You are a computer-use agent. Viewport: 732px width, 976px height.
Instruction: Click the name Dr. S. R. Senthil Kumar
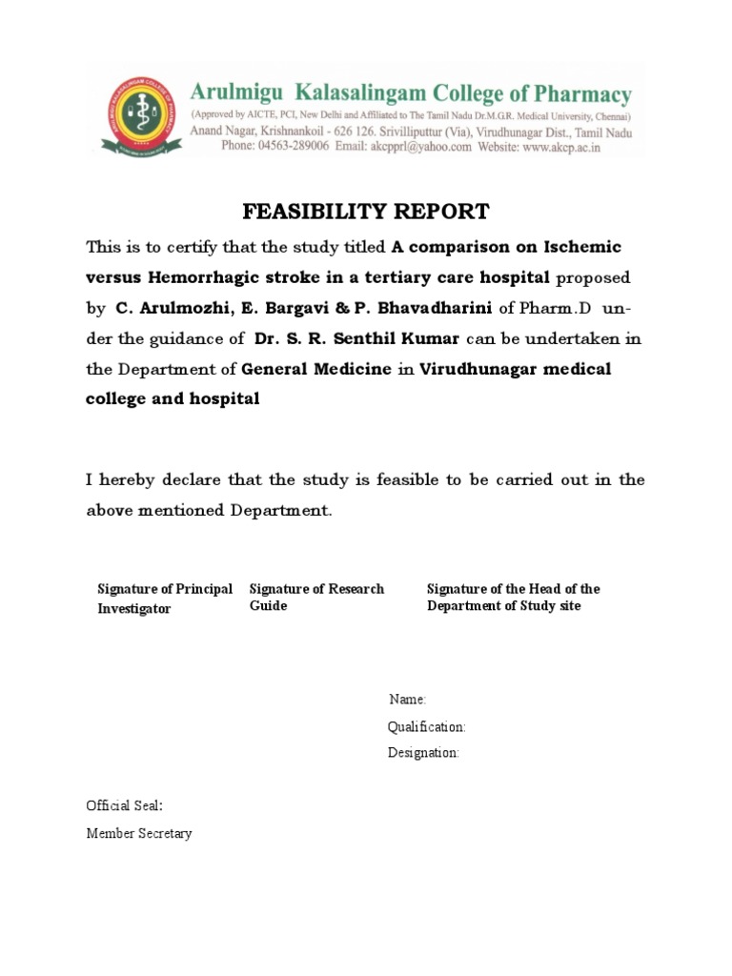click(x=343, y=339)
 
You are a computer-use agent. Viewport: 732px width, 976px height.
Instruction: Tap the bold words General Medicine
click(x=316, y=370)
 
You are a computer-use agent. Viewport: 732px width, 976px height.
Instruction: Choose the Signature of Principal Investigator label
click(x=164, y=599)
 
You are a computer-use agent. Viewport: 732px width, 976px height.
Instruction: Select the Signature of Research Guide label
click(x=315, y=598)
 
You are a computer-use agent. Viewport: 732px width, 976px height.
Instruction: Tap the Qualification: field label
click(x=426, y=727)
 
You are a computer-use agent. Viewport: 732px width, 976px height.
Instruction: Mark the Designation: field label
click(x=423, y=753)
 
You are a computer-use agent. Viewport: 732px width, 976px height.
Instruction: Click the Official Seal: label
click(x=124, y=806)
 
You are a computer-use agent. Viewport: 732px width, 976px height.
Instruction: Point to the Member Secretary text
click(x=139, y=833)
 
